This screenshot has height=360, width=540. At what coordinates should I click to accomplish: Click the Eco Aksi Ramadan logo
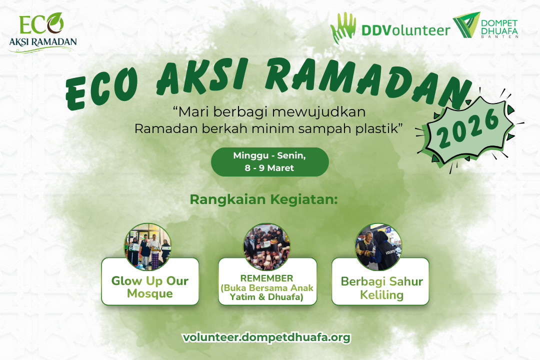pos(42,32)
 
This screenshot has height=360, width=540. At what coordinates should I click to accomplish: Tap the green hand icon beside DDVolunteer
pos(343,29)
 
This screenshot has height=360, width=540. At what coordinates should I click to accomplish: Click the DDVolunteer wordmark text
pos(405,30)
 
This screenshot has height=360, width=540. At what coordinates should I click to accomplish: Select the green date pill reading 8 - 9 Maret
pos(269,161)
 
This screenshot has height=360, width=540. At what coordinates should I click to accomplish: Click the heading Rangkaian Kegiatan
pos(264,199)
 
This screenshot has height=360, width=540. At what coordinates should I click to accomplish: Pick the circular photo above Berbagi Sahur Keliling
pos(378,246)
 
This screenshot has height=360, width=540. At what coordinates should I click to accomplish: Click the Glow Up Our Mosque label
pos(150,287)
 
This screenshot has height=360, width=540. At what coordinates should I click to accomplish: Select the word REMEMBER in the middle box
pos(266,278)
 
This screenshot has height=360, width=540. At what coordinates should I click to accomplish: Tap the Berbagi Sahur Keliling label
pos(381,288)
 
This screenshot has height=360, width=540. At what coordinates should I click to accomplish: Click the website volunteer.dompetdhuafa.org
pos(266,337)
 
